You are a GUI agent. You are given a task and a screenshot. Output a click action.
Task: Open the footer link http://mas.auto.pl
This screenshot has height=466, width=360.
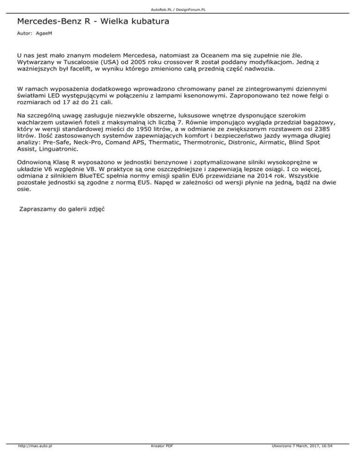(34, 459)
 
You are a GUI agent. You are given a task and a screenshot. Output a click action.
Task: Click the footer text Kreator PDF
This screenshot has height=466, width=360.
(159, 459)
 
